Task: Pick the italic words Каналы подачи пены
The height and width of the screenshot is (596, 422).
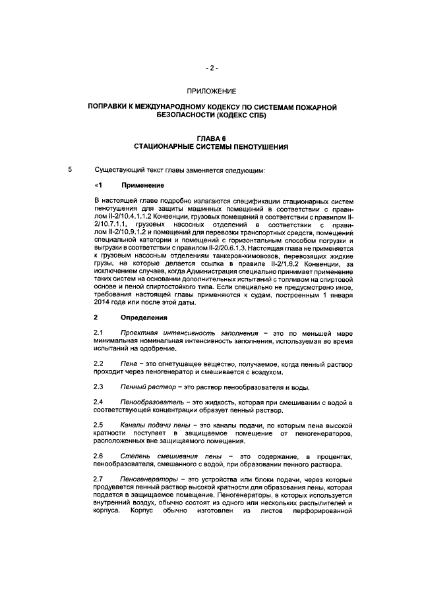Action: pyautogui.click(x=158, y=425)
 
